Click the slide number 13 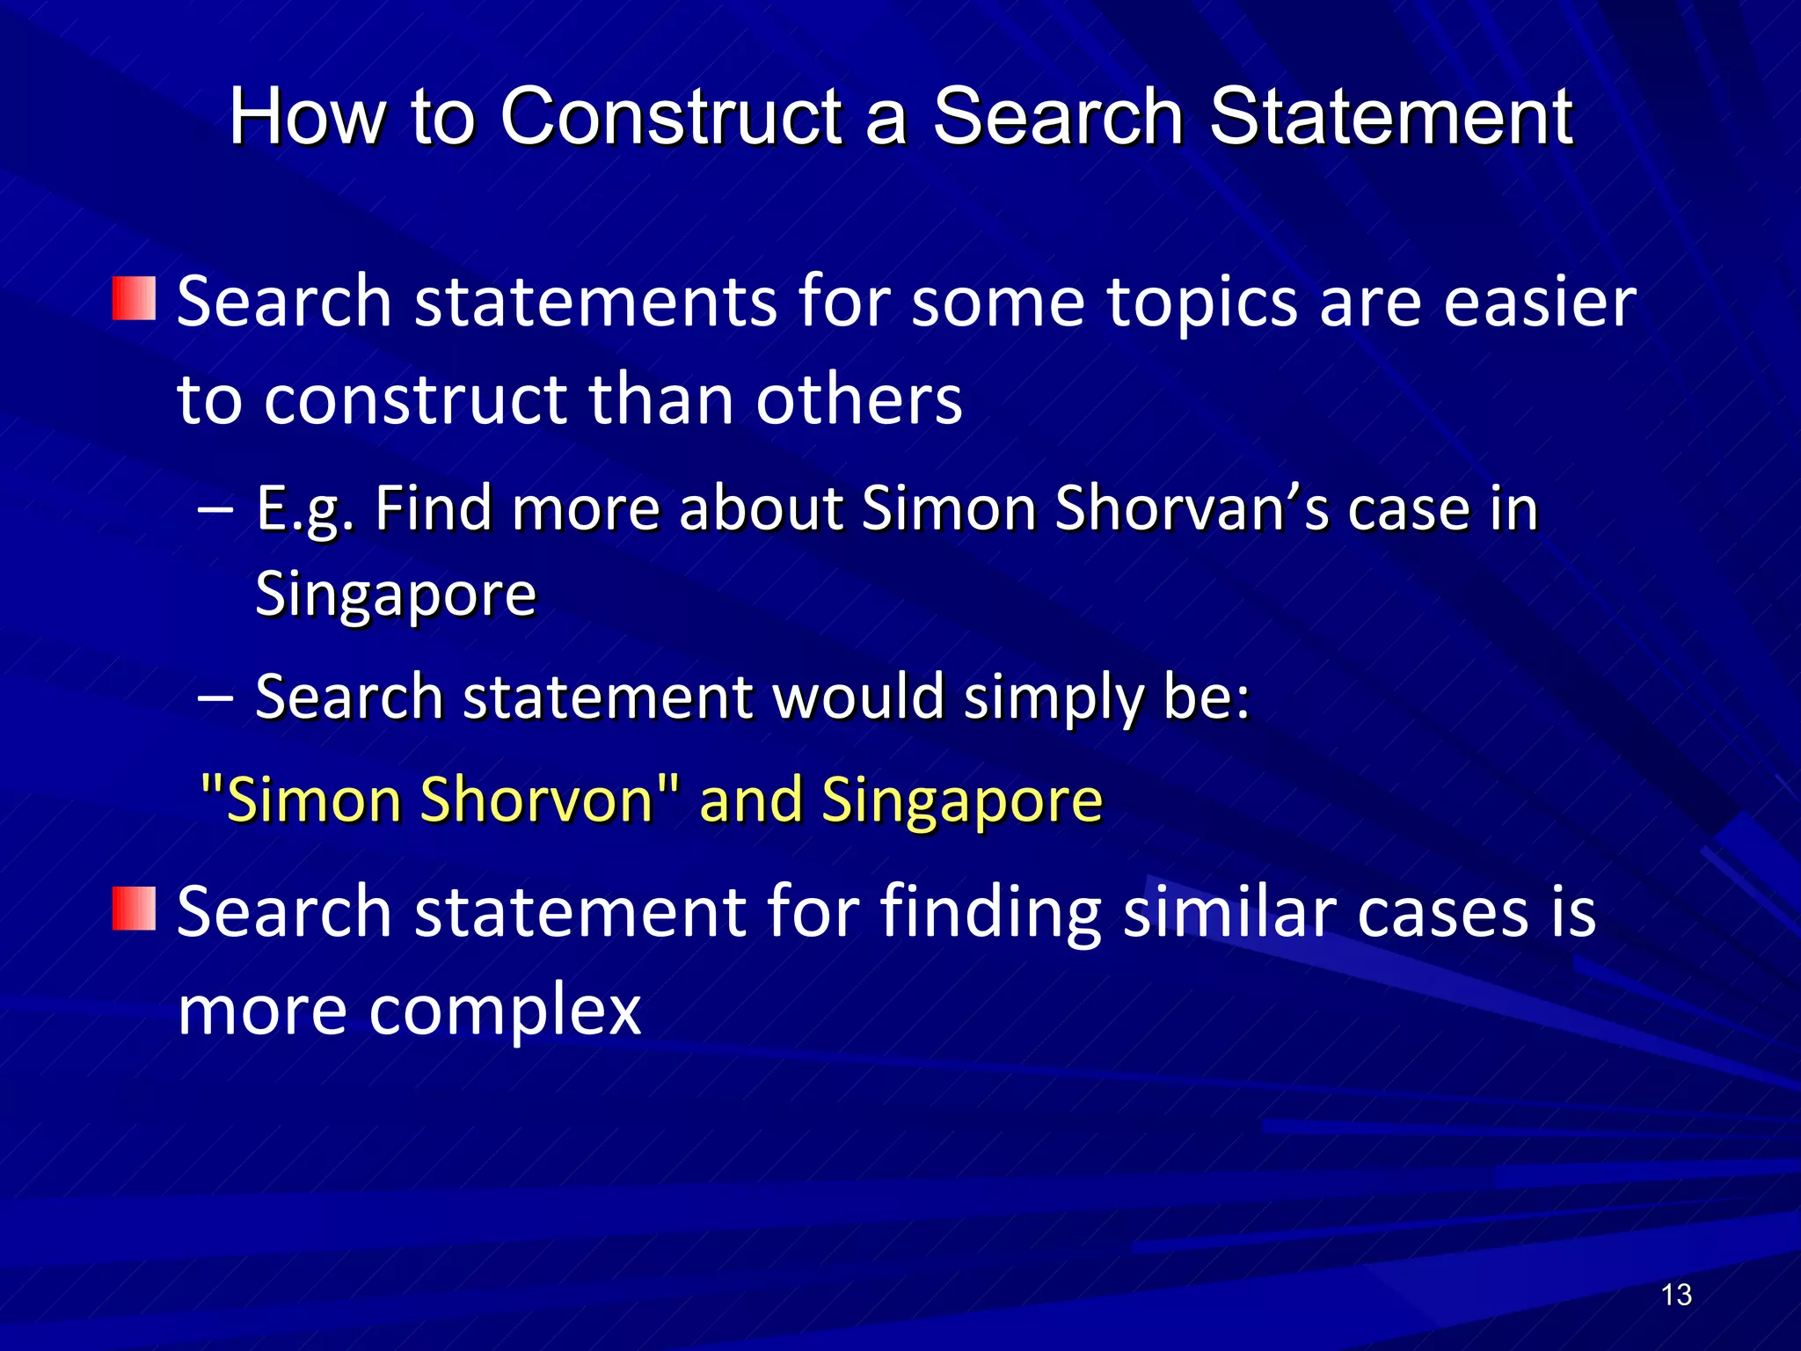click(x=1676, y=1295)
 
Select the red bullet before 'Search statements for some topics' click(x=134, y=299)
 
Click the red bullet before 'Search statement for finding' click(x=134, y=909)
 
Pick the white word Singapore click(x=396, y=596)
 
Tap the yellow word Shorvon click(x=536, y=800)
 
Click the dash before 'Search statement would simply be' click(x=215, y=697)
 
